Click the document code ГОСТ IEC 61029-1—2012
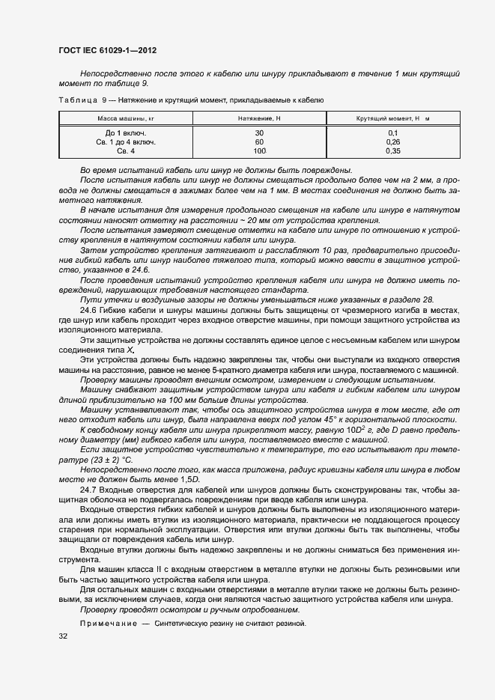tap(107, 51)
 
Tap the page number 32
tap(62, 636)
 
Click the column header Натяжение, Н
tap(259, 118)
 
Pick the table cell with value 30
tap(259, 133)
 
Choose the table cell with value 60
tap(259, 141)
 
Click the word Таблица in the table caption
tap(77, 100)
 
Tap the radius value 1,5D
tap(192, 480)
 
